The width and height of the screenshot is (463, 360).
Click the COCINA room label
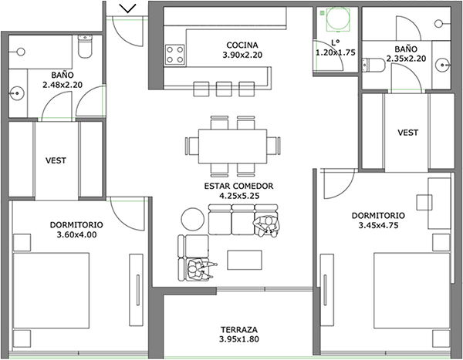point(242,45)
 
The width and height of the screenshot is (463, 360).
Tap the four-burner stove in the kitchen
point(175,55)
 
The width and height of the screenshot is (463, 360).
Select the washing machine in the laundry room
point(338,19)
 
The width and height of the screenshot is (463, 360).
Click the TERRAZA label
point(239,329)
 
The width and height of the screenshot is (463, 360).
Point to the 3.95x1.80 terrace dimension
point(239,339)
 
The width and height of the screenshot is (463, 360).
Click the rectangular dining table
point(232,146)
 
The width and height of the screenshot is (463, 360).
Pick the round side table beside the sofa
point(192,220)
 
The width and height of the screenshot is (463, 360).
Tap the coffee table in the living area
point(245,260)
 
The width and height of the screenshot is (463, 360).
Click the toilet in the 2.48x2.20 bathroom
point(85,46)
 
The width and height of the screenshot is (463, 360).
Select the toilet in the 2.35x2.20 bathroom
point(373,65)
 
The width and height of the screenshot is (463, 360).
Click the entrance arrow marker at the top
point(128,8)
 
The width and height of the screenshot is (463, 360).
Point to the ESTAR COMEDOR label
point(238,186)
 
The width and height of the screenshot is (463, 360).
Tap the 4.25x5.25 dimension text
point(238,196)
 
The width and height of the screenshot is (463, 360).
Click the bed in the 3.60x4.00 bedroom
point(51,291)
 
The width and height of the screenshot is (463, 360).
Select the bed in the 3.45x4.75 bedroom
point(412,290)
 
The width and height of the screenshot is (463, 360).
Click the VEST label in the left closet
point(56,160)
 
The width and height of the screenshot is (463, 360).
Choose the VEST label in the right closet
point(407,133)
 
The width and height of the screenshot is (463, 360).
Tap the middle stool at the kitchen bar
point(224,89)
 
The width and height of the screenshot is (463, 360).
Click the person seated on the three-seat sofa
point(266,227)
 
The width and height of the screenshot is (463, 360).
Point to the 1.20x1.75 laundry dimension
point(336,52)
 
